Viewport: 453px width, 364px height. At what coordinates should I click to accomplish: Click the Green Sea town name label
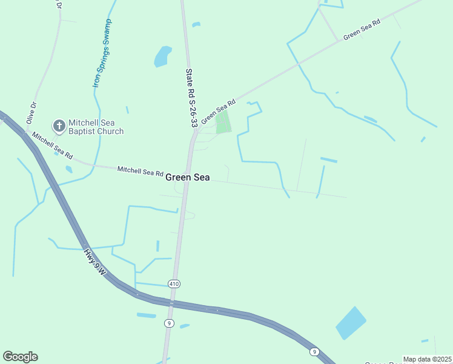pos(188,177)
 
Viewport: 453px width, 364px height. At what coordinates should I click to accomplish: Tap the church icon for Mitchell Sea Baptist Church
pos(59,126)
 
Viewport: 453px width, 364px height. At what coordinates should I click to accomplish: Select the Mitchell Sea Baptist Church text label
pos(96,127)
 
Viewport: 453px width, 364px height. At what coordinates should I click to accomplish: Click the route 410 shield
pos(174,284)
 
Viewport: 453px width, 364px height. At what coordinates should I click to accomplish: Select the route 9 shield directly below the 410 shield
pos(170,323)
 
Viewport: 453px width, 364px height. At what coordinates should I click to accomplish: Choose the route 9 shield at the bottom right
pos(314,352)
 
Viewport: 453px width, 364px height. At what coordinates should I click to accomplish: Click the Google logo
pos(20,357)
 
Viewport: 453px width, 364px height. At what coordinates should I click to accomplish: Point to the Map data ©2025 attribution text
pos(427,359)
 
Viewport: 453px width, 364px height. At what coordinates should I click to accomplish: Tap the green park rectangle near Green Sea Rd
pos(223,122)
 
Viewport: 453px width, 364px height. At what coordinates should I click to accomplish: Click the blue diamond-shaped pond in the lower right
pos(351,323)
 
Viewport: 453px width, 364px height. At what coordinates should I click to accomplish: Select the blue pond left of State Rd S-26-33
pos(162,56)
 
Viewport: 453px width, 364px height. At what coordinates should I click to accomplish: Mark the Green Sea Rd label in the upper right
pos(362,29)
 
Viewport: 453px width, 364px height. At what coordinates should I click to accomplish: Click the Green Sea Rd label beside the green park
pos(218,110)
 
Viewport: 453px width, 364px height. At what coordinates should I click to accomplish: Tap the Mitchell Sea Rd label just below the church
pos(52,143)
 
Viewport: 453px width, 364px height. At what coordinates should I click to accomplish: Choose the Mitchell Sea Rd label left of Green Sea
pos(140,172)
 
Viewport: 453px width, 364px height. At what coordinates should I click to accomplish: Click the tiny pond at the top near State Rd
pos(196,24)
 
